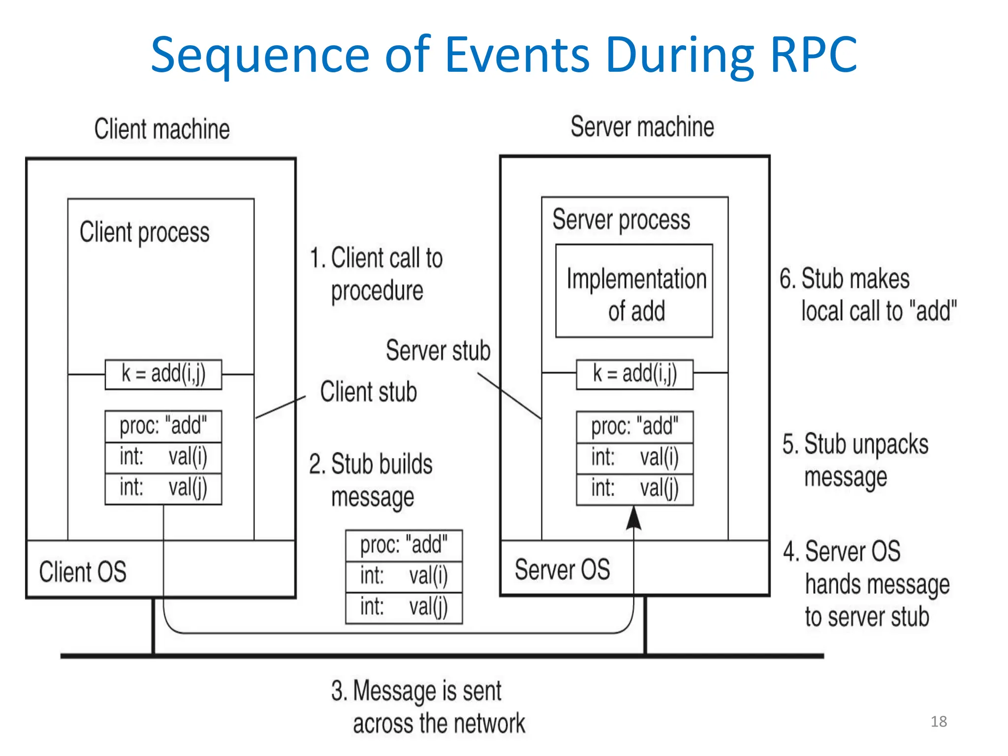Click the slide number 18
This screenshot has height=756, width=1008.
pos(939,722)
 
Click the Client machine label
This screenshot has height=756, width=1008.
pos(162,129)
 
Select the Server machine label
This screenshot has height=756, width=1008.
pos(642,126)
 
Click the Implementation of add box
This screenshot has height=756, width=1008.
pos(634,291)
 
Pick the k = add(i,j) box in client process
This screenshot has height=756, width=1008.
pos(163,374)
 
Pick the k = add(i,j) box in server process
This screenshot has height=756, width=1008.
pos(634,374)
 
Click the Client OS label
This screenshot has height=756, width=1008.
pos(83,571)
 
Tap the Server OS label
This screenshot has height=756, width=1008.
pos(562,569)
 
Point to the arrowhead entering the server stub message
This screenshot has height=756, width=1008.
pos(633,518)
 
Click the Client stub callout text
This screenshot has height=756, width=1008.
pos(368,392)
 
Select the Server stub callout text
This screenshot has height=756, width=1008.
pos(438,350)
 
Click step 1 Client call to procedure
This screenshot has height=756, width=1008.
pos(377,274)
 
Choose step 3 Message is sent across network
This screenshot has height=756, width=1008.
pos(427,707)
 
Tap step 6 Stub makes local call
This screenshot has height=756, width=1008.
pos(867,294)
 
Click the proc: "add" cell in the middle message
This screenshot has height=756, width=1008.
pos(404,545)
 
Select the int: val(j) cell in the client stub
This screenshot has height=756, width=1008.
pos(163,488)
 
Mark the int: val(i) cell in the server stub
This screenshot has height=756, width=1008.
pos(634,458)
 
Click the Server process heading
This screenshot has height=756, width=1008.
pos(621,220)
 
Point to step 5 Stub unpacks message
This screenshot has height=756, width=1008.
pos(855,460)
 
